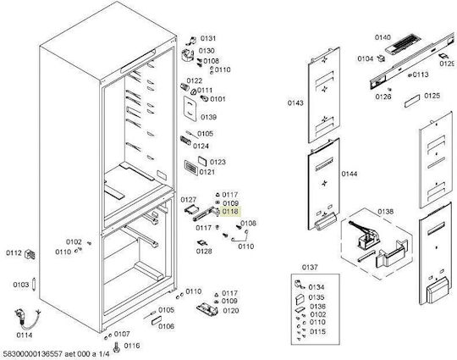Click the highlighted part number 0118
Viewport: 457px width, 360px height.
pyautogui.click(x=230, y=211)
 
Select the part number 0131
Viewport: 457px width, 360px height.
pyautogui.click(x=208, y=38)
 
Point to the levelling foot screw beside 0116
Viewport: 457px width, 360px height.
pyautogui.click(x=117, y=347)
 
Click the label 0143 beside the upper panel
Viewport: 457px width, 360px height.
pyautogui.click(x=295, y=102)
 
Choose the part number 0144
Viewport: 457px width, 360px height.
pyautogui.click(x=350, y=174)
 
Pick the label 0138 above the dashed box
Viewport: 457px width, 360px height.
pyautogui.click(x=385, y=212)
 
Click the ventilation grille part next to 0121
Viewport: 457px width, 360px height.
pyautogui.click(x=191, y=168)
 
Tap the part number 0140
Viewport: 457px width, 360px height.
pyautogui.click(x=383, y=37)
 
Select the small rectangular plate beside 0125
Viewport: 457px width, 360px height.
pyautogui.click(x=412, y=101)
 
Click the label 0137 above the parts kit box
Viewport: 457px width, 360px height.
pyautogui.click(x=310, y=267)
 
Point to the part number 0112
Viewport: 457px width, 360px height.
pyautogui.click(x=14, y=253)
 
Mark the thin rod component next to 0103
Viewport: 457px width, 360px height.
pyautogui.click(x=34, y=284)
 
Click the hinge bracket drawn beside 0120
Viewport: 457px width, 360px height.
pyautogui.click(x=207, y=309)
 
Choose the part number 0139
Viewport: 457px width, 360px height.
pyautogui.click(x=209, y=117)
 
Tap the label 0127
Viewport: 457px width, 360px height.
pyautogui.click(x=188, y=200)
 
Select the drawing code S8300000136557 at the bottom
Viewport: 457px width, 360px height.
pyautogui.click(x=32, y=354)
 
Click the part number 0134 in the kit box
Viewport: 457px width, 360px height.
pyautogui.click(x=317, y=287)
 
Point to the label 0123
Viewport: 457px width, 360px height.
pyautogui.click(x=217, y=162)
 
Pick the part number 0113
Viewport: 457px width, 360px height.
pyautogui.click(x=421, y=75)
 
